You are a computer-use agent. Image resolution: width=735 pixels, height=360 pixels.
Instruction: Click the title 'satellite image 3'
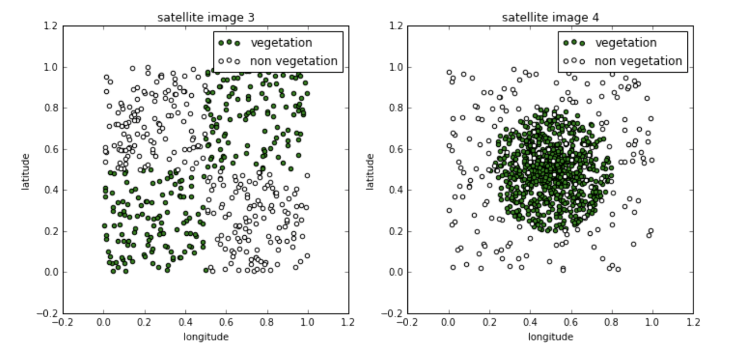click(x=206, y=17)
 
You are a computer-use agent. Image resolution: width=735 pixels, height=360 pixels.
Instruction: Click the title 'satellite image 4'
click(x=550, y=17)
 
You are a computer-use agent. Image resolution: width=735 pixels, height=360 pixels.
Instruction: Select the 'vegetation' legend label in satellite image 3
click(x=281, y=42)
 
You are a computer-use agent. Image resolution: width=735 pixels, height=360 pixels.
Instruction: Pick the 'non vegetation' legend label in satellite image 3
click(x=294, y=61)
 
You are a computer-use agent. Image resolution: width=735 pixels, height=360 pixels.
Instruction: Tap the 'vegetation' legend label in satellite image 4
click(x=626, y=42)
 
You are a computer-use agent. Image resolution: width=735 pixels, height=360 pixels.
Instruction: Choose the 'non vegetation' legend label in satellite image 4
click(x=638, y=61)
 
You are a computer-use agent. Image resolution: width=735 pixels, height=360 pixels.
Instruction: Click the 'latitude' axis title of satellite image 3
click(x=26, y=172)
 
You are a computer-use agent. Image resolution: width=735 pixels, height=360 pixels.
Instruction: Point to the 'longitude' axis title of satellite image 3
click(x=206, y=337)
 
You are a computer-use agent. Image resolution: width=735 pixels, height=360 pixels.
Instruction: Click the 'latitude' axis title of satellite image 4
click(x=370, y=172)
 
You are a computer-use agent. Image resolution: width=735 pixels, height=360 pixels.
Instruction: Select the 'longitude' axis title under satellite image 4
click(x=550, y=337)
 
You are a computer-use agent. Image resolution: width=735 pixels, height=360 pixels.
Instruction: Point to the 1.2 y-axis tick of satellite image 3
click(x=50, y=26)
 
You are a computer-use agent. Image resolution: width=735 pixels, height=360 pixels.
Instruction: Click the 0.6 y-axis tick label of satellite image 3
click(x=50, y=149)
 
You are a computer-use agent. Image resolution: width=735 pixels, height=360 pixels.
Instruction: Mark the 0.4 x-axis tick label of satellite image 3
click(x=185, y=322)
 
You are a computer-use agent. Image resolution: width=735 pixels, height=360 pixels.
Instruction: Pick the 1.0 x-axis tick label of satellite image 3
click(x=307, y=322)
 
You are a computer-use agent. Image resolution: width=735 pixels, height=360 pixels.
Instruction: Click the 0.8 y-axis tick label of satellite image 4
click(x=395, y=108)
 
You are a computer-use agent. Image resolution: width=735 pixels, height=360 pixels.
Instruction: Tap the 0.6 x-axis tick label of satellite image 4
click(x=570, y=322)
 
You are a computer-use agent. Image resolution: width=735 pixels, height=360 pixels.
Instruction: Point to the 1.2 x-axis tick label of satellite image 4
click(x=693, y=322)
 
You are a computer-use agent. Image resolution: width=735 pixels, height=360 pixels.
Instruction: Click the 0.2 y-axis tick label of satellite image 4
click(x=395, y=231)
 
